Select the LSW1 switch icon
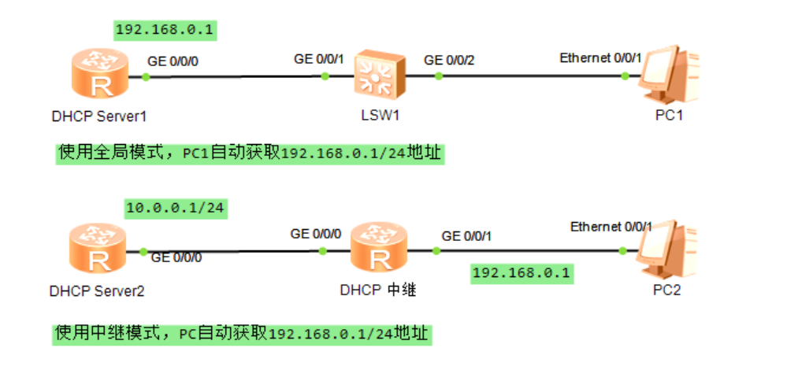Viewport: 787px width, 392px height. coord(380,76)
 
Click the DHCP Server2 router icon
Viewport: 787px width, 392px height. coord(94,251)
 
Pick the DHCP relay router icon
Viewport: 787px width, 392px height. coord(379,251)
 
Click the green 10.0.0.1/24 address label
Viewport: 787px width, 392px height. coord(176,209)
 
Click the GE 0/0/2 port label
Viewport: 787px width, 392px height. coord(450,59)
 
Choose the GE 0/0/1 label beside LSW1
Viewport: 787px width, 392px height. coord(320,59)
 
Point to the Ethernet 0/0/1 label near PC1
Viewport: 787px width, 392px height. coord(601,57)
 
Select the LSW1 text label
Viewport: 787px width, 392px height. coord(379,116)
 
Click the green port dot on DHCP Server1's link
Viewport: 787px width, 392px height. coord(146,76)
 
